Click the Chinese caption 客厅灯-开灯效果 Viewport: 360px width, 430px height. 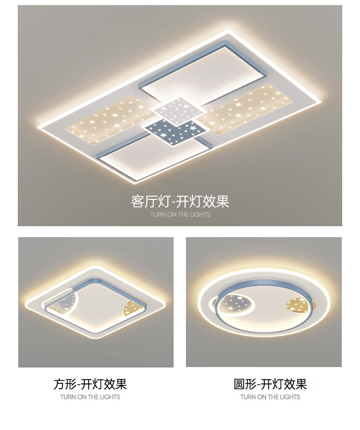180,202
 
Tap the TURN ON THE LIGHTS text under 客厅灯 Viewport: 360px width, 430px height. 180,214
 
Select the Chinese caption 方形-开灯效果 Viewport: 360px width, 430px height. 90,384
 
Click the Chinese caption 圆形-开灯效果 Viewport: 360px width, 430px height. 270,384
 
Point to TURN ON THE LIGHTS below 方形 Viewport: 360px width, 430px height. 90,397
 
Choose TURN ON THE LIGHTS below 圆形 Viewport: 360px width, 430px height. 270,397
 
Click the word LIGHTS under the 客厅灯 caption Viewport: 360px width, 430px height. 200,214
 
